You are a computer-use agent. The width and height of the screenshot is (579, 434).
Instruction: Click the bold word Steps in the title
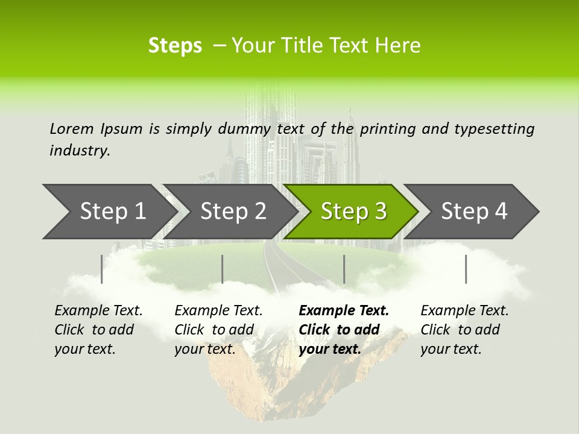point(175,46)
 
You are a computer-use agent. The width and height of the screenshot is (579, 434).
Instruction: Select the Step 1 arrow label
point(113,212)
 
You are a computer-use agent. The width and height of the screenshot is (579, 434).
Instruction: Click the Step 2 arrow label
point(233,212)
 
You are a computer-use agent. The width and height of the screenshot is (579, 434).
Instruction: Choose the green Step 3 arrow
point(353,212)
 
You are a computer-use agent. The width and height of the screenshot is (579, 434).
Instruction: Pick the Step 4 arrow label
point(474,212)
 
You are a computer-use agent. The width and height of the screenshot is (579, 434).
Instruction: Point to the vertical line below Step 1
point(102,269)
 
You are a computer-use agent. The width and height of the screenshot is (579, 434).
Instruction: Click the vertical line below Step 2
point(223,269)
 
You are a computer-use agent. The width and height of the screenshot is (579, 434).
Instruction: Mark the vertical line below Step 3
point(344,269)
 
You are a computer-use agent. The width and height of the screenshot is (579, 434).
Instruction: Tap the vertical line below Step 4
point(466,269)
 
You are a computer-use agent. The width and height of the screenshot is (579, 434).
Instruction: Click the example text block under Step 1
point(98,330)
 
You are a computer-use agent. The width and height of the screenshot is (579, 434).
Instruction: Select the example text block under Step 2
point(218,330)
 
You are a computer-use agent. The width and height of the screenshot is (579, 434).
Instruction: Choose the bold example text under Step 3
point(344,330)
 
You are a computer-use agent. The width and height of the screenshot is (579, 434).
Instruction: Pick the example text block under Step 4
point(464,330)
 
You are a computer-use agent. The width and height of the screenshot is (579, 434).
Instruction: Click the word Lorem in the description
point(72,128)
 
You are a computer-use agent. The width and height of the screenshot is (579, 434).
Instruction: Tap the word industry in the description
point(80,151)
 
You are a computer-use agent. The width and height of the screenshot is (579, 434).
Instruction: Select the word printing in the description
point(388,128)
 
